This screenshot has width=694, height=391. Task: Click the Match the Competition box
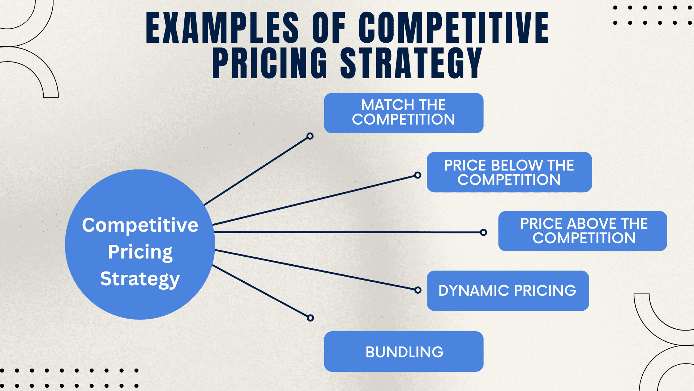point(404,113)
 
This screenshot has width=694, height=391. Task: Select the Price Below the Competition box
point(509,172)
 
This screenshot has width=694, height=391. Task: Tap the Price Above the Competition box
point(583,231)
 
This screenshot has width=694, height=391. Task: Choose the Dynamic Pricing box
point(508,291)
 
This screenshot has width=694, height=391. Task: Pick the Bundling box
point(404,352)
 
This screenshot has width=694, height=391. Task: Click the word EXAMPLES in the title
point(222,28)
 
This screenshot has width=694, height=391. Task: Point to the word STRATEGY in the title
point(411,63)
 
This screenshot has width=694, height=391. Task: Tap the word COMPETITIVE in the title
point(454,28)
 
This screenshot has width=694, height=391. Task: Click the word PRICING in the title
point(270,63)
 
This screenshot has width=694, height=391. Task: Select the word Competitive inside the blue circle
point(140,225)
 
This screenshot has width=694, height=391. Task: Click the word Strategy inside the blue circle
point(140,279)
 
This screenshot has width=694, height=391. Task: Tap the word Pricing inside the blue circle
point(140,252)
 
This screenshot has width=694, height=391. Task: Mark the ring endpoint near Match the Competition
point(310,136)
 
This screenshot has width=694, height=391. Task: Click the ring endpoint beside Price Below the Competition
point(418,175)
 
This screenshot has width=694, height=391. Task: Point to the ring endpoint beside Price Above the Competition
point(484,232)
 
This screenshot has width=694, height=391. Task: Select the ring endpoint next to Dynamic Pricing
point(418,290)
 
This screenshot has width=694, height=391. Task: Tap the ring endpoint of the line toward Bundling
point(310,318)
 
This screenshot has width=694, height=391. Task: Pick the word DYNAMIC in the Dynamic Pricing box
point(474,291)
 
